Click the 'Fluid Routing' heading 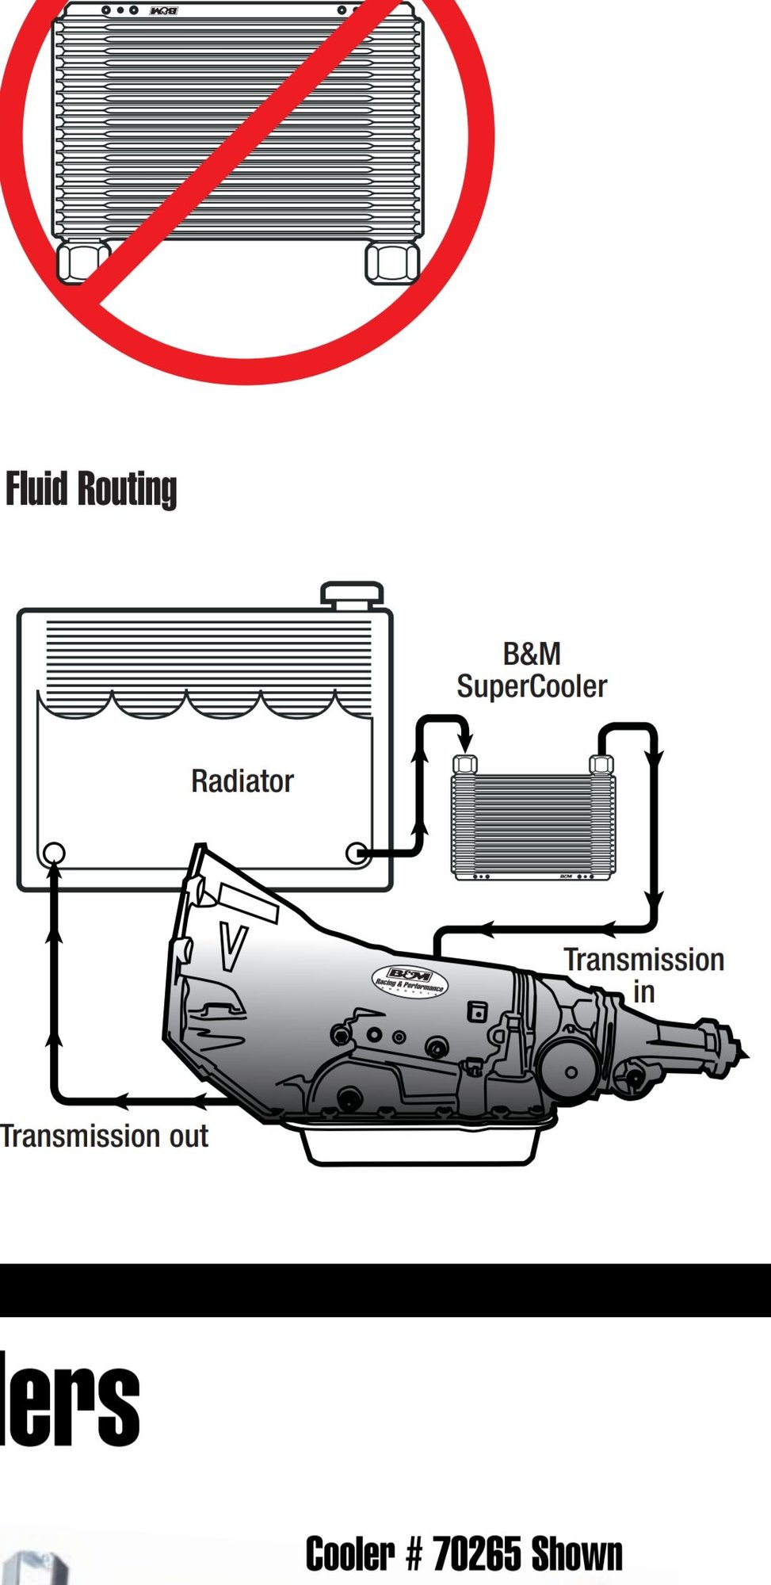pyautogui.click(x=91, y=488)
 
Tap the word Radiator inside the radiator pyautogui.click(x=242, y=781)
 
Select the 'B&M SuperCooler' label pyautogui.click(x=532, y=670)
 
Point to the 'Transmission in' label pyautogui.click(x=643, y=975)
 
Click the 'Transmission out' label pyautogui.click(x=105, y=1136)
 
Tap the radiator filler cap pyautogui.click(x=352, y=594)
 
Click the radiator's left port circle pyautogui.click(x=54, y=854)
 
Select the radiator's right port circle pyautogui.click(x=357, y=854)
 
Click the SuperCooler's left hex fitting pyautogui.click(x=465, y=765)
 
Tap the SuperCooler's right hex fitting pyautogui.click(x=601, y=765)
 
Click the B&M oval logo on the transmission pyautogui.click(x=410, y=981)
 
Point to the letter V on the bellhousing pyautogui.click(x=232, y=947)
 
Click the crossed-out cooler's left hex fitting pyautogui.click(x=79, y=262)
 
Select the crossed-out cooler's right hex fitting pyautogui.click(x=391, y=262)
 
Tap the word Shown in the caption pyautogui.click(x=577, y=1554)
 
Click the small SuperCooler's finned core pyautogui.click(x=532, y=824)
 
